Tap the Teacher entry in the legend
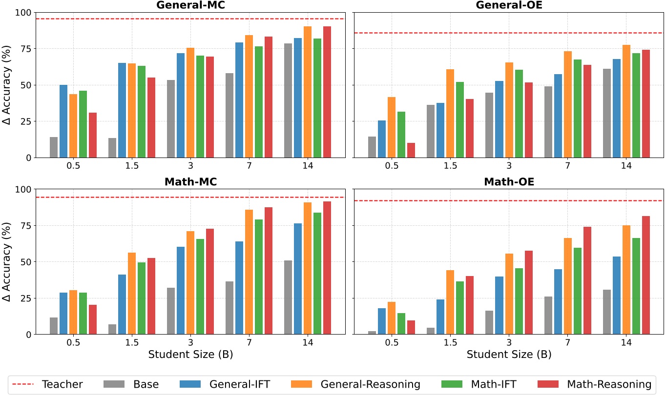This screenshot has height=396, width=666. click(x=62, y=384)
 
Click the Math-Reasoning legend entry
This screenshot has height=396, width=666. click(x=608, y=384)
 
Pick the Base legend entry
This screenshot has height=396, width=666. click(x=146, y=384)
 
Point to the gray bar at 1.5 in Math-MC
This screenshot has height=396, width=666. click(x=112, y=329)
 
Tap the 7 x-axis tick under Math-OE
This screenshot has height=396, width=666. click(x=567, y=342)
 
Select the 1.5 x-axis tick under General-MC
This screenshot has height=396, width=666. click(x=132, y=165)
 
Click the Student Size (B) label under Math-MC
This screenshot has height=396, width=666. click(x=190, y=355)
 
